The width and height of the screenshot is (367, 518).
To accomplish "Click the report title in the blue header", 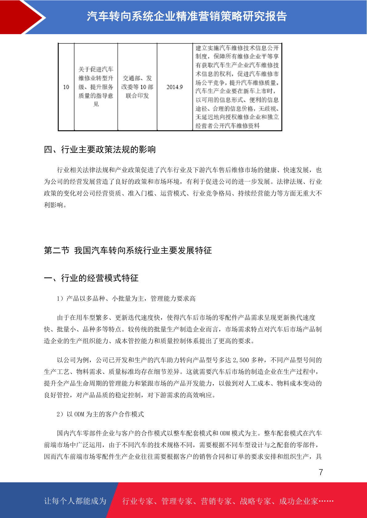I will (x=187, y=16).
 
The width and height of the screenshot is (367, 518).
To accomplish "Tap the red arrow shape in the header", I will (x=22, y=17).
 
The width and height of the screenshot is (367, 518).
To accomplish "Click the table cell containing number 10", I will (x=66, y=87).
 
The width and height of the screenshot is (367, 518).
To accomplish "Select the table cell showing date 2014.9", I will (x=174, y=87).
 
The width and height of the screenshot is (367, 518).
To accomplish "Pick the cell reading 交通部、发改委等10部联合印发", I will (x=137, y=87).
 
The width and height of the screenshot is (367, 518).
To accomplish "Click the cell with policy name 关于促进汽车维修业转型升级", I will (x=96, y=87).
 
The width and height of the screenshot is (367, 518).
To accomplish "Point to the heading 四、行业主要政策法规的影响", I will (x=100, y=149).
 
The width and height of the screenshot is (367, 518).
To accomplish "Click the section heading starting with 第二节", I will (x=128, y=250).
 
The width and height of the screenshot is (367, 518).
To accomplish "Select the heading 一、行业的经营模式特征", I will (x=91, y=278).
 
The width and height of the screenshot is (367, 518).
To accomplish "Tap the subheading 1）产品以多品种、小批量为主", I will (x=126, y=298).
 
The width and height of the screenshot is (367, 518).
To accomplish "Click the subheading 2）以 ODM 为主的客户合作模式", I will (x=100, y=414).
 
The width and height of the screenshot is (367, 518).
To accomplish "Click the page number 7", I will (x=321, y=472).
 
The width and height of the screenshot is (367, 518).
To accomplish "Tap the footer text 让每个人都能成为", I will (x=75, y=501).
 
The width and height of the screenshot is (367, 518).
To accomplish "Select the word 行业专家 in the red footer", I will (x=137, y=501).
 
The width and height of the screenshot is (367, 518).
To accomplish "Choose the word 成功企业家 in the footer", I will (x=298, y=501).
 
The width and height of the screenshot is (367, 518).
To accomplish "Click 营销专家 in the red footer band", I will (x=216, y=501).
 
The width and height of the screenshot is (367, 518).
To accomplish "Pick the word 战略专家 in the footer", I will (x=255, y=501).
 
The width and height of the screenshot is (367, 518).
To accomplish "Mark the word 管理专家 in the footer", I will (x=177, y=501).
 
